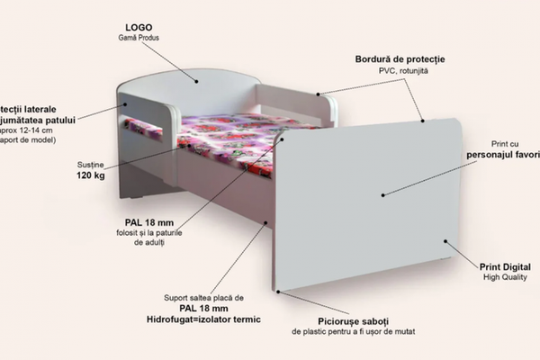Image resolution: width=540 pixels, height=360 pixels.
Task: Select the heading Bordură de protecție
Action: point(400,59)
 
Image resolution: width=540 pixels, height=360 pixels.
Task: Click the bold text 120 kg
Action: point(91,176)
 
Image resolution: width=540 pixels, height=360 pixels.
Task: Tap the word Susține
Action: point(91,164)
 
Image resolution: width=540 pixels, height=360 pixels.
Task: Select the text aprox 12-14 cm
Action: point(27,130)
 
